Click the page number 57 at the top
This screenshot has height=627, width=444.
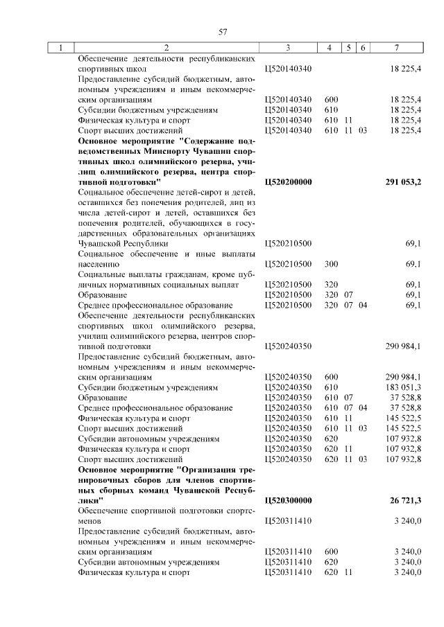(223, 32)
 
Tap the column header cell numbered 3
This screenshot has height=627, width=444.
(287, 48)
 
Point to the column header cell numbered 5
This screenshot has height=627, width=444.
(348, 48)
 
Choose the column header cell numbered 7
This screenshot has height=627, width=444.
(396, 48)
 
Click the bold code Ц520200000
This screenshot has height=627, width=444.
(289, 182)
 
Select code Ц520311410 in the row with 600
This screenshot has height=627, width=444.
(289, 552)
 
